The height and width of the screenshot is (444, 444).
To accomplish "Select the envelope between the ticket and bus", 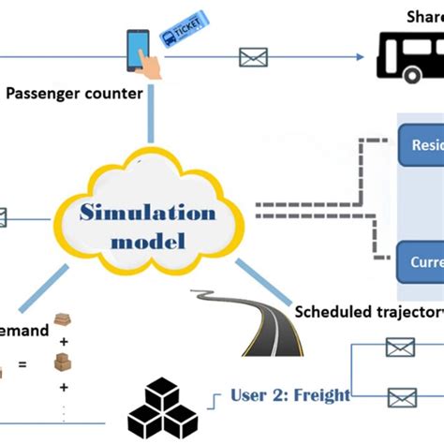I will pos(253,58).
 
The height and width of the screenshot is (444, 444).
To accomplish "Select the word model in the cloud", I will pos(148,241).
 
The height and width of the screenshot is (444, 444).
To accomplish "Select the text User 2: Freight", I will pos(289,394).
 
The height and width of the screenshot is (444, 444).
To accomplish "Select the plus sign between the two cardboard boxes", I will pos(64,343).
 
